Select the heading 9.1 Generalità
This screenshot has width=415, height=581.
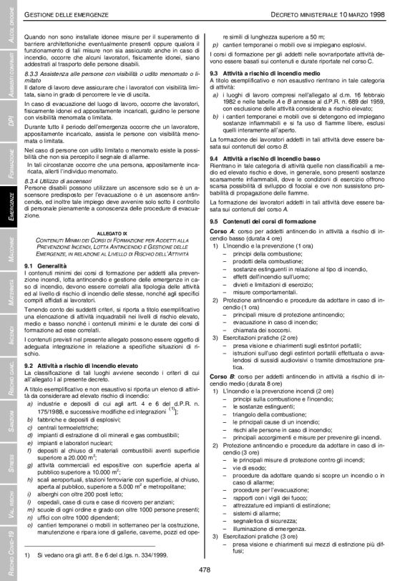click(45, 265)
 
